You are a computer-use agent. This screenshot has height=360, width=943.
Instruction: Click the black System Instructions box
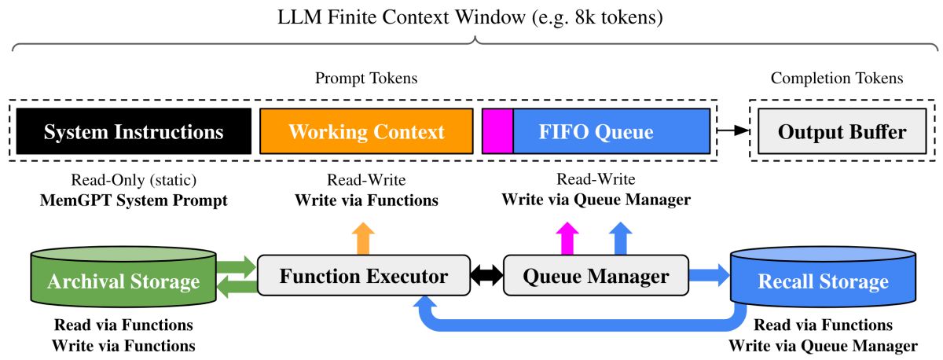click(x=134, y=131)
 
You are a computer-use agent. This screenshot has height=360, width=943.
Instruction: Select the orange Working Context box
click(x=366, y=131)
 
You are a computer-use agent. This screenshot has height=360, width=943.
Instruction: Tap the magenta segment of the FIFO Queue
click(x=497, y=131)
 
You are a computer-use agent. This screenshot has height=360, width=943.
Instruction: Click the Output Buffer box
click(x=842, y=131)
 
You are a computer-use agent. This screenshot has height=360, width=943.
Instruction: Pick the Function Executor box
click(x=364, y=275)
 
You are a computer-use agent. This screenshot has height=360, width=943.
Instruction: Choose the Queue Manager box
click(x=596, y=275)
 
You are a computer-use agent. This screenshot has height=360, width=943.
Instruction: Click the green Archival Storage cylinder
click(x=123, y=277)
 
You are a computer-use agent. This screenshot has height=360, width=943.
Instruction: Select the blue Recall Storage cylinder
click(x=823, y=277)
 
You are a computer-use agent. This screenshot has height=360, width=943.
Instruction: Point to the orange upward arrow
click(x=363, y=239)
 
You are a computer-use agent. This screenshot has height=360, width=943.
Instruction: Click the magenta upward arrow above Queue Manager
click(x=567, y=239)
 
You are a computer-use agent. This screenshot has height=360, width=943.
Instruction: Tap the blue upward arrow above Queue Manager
click(x=621, y=239)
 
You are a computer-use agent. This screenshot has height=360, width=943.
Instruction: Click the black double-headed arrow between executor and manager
click(x=487, y=275)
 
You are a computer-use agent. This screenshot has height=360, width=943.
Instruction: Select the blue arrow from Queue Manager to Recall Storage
click(x=710, y=275)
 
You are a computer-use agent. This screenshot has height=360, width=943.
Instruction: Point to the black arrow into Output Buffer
click(x=733, y=130)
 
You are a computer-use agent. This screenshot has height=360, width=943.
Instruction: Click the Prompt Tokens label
click(x=366, y=79)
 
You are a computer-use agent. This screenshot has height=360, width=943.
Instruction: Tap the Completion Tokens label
click(x=837, y=79)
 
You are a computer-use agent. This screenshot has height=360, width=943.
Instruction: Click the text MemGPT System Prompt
click(x=134, y=200)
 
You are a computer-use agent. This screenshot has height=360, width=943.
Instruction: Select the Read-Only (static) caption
click(x=134, y=180)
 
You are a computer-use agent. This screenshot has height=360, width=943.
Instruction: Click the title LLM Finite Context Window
click(x=402, y=17)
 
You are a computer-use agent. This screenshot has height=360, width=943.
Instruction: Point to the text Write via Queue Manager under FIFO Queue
click(x=596, y=200)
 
